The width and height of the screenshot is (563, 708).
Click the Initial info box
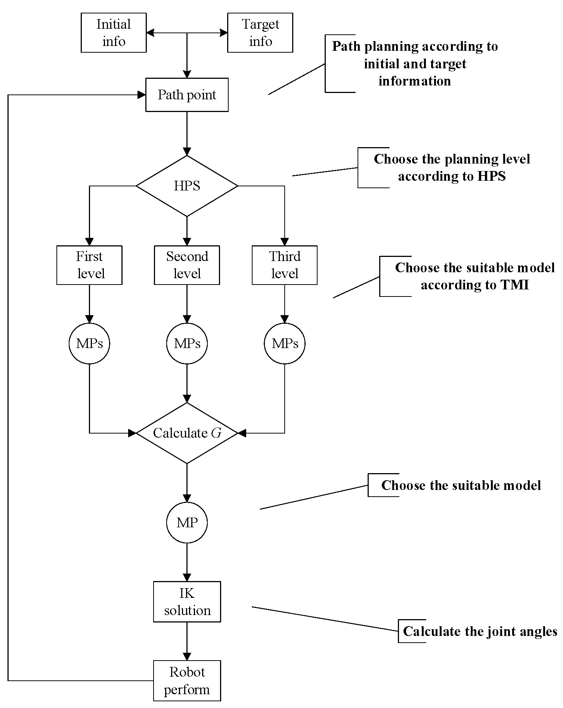(114, 33)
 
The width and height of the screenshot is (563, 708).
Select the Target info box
(260, 33)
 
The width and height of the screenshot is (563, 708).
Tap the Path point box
(187, 95)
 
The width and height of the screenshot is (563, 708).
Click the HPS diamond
(187, 186)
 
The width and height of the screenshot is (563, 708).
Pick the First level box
(89, 265)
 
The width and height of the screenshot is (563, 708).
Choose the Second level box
(187, 265)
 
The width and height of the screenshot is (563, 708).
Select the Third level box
(285, 265)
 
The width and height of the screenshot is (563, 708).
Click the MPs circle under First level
(89, 344)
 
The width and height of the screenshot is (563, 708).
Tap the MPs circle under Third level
(285, 344)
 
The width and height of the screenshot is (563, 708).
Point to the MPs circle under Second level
(187, 344)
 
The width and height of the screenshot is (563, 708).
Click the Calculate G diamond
(187, 433)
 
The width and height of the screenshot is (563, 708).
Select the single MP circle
(187, 522)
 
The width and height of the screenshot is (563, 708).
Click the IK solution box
(187, 602)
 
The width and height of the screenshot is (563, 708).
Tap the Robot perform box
(187, 681)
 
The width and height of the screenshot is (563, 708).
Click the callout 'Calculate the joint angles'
(480, 631)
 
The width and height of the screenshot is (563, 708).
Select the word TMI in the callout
(514, 285)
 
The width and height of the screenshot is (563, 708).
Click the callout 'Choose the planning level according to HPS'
(452, 167)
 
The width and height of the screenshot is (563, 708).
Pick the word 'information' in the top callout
(415, 81)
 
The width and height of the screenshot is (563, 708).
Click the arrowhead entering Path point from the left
(142, 95)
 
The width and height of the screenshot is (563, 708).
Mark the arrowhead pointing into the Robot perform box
(187, 656)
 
